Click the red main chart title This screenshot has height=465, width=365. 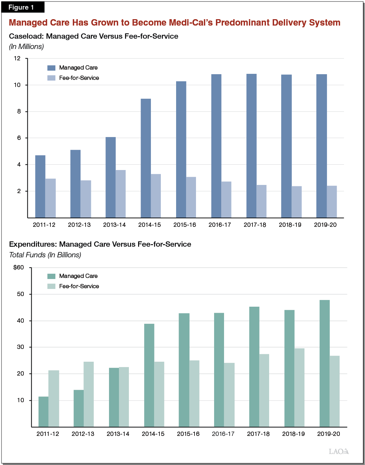[x=174, y=23]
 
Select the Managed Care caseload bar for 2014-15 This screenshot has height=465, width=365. [x=146, y=158]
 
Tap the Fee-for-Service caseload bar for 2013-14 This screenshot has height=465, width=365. [x=120, y=194]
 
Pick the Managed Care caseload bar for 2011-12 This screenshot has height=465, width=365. [x=40, y=186]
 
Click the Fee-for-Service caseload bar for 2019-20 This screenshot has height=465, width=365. [x=332, y=202]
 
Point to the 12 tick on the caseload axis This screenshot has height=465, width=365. [x=17, y=59]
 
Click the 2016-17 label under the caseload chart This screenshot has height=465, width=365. [x=220, y=225]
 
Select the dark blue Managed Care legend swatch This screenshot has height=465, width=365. [x=51, y=68]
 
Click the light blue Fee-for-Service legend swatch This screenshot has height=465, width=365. [x=51, y=78]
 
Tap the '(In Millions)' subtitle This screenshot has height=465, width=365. [x=26, y=46]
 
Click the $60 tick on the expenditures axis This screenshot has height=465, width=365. [x=18, y=268]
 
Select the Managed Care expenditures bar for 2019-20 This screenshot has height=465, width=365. [x=325, y=363]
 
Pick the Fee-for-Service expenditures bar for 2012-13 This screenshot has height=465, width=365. [x=88, y=394]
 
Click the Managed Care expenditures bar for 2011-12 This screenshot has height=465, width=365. [x=43, y=412]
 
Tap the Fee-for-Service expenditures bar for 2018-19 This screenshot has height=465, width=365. [x=299, y=388]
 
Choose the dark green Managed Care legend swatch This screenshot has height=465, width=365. [x=51, y=276]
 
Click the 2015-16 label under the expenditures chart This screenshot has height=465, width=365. [x=188, y=434]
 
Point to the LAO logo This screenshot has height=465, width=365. [x=339, y=452]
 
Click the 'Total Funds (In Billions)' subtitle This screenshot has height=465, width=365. [x=45, y=255]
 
